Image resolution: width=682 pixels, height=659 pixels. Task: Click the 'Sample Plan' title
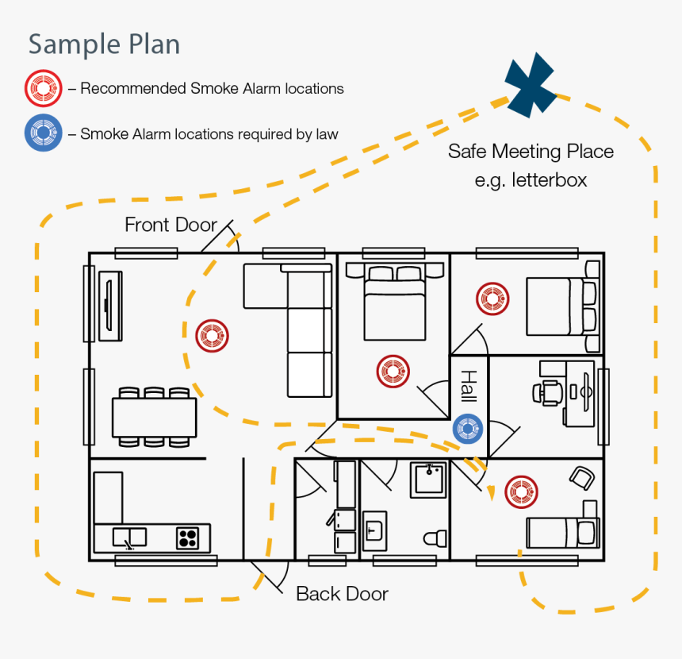[104, 44]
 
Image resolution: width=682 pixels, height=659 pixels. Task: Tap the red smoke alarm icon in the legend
[43, 89]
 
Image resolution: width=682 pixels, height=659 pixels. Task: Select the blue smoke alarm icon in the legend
[43, 133]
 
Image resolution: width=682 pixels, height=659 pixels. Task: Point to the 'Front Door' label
[170, 225]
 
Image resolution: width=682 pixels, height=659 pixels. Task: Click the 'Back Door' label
[342, 593]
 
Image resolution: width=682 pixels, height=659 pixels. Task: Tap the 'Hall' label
[469, 387]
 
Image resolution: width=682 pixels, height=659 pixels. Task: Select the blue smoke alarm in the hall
[469, 429]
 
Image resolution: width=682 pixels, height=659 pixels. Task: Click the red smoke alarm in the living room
[213, 335]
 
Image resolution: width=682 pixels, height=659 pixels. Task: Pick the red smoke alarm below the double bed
[393, 370]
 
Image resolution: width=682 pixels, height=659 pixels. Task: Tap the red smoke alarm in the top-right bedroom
[492, 299]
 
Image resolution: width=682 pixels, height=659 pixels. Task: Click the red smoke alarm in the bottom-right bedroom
[521, 491]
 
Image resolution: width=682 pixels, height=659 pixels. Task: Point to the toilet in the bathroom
[433, 538]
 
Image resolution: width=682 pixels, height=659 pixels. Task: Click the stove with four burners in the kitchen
[187, 538]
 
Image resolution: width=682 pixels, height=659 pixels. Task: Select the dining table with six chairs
[154, 417]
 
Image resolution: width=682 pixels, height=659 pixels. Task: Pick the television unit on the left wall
[109, 306]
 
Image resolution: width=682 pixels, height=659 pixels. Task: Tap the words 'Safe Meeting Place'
[531, 151]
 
